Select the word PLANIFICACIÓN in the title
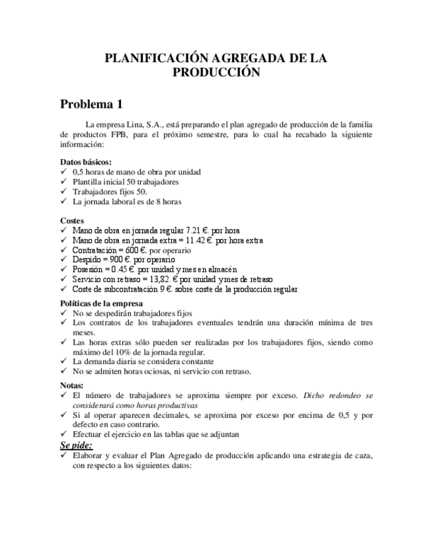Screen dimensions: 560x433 point(153,59)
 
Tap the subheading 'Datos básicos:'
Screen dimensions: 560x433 point(86,162)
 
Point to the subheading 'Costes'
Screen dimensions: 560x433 point(72,221)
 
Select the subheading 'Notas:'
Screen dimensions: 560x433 point(72,385)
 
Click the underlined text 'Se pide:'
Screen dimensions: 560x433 point(77,445)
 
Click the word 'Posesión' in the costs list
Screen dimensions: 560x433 point(88,269)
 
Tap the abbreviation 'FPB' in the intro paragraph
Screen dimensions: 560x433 point(120,134)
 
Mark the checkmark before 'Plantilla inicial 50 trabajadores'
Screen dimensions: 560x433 point(63,182)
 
